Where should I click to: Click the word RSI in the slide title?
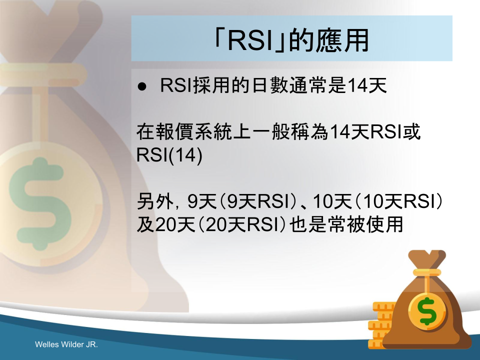click(x=250, y=40)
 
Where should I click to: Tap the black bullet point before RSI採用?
click(x=142, y=86)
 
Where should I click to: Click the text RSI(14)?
click(x=169, y=155)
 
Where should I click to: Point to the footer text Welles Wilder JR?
click(x=66, y=344)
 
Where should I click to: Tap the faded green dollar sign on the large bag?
click(x=40, y=203)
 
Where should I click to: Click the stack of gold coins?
click(x=381, y=325)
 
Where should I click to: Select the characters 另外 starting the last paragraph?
click(x=155, y=201)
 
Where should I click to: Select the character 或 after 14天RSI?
click(x=411, y=132)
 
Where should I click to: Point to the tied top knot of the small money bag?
click(x=427, y=259)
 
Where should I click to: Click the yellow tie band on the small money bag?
click(x=427, y=272)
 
